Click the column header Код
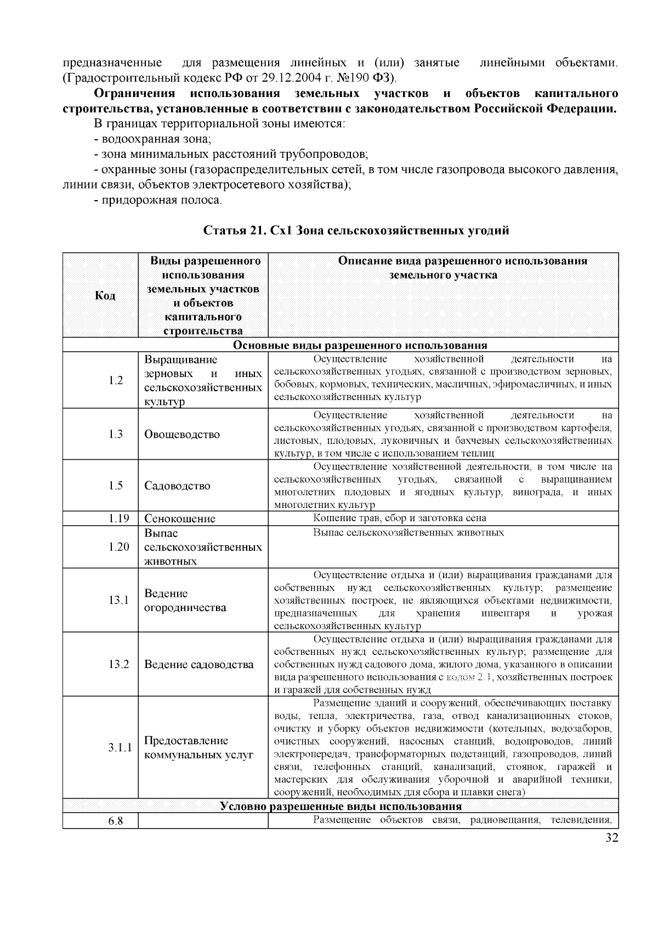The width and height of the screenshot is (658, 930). tap(105, 296)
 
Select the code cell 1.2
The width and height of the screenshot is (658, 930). tap(116, 380)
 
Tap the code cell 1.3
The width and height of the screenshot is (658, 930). tap(116, 435)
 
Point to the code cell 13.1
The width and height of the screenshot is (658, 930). tap(118, 600)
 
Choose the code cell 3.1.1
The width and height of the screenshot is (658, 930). tap(120, 748)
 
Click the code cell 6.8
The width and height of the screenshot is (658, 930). tap(115, 821)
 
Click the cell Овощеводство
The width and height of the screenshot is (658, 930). tap(182, 435)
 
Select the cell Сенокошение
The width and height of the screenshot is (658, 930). tap(180, 518)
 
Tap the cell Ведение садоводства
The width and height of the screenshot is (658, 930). tap(199, 665)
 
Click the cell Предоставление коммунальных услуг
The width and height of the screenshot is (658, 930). tap(198, 748)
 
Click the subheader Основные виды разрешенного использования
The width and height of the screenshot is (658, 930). tap(360, 346)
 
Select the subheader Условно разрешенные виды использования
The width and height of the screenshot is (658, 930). tap(340, 807)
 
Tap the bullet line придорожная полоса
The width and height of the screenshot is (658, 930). tap(157, 201)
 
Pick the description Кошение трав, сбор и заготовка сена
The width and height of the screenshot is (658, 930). tap(400, 518)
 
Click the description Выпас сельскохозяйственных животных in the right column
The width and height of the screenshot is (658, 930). tap(409, 533)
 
